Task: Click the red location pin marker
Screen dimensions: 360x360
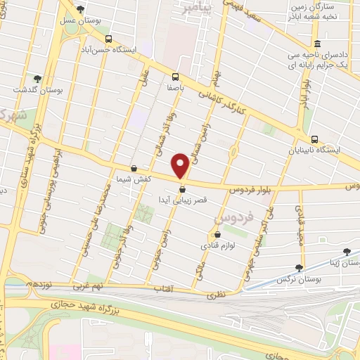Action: (181, 166)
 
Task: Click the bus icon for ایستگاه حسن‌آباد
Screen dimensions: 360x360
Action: (108, 39)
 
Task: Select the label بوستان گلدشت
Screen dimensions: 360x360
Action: (37, 91)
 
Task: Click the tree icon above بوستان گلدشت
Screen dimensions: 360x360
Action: (37, 79)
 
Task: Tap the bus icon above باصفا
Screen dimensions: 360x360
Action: (175, 77)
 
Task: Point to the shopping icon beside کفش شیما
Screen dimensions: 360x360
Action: (134, 169)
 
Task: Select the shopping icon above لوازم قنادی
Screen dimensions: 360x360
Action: (217, 234)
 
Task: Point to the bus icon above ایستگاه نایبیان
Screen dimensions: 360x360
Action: (314, 139)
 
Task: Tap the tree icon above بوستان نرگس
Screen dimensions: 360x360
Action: (300, 267)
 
